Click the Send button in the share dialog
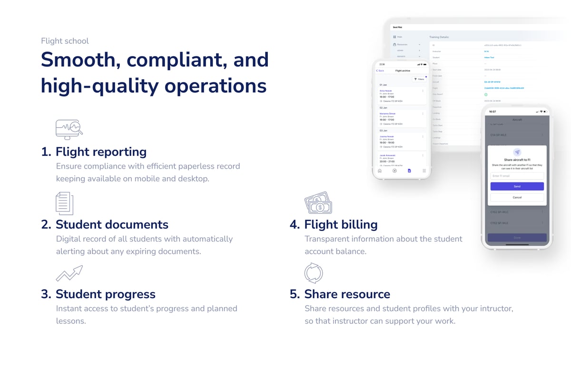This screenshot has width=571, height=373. pos(517,186)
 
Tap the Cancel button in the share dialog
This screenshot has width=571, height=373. pos(517,197)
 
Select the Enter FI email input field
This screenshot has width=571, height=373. pos(517,176)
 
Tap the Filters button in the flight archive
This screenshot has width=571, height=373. pos(419,79)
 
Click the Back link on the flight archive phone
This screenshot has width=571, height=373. pos(380,71)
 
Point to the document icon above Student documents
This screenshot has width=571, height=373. pos(64,203)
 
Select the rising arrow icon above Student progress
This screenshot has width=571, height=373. pos(69,273)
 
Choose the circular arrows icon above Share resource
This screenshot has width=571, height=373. pos(313,273)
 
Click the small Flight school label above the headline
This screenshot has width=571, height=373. pos(65,41)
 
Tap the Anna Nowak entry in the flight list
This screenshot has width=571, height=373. pos(386,91)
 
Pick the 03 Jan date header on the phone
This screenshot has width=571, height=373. pos(384,130)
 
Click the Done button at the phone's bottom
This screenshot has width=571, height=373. pos(517,238)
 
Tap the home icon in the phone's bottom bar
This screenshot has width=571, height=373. pos(380,170)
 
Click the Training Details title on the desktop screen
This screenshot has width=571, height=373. pos(439,37)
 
